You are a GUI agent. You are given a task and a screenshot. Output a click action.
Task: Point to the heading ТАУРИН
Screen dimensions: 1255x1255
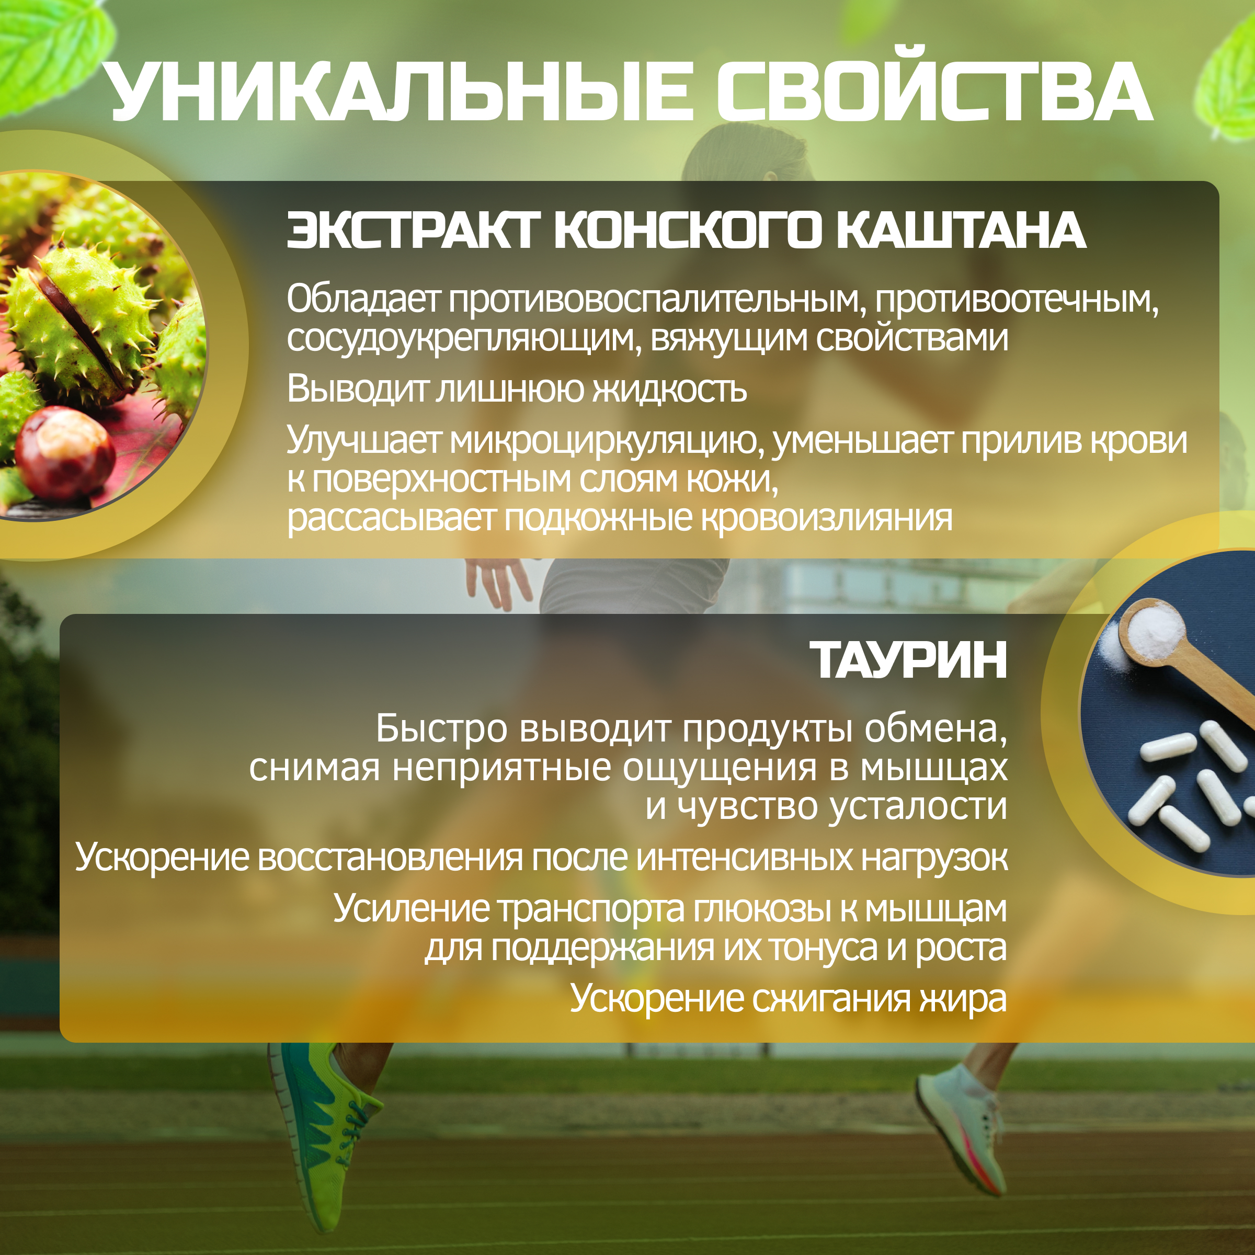coord(908,659)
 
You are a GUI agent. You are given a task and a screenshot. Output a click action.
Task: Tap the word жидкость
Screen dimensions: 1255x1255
coord(670,389)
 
